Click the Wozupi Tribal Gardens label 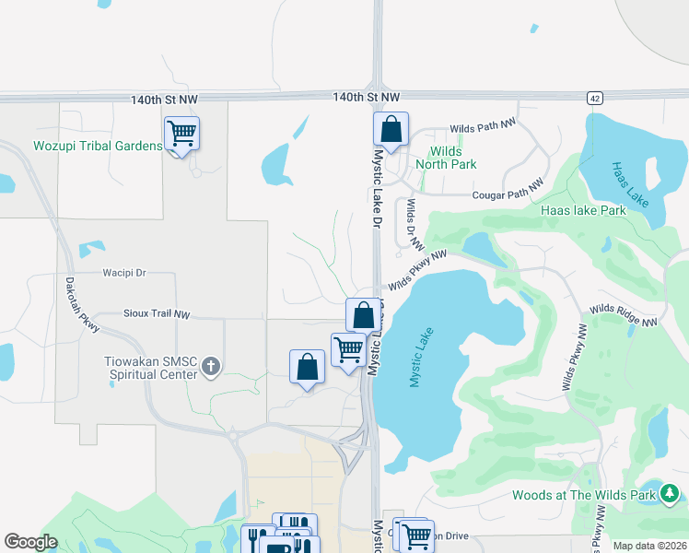point(98,146)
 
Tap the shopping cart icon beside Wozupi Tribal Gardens point(181,134)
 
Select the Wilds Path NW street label point(482,129)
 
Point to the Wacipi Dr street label point(123,274)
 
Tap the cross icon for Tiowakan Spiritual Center point(211,367)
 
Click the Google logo point(30,542)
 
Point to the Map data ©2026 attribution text point(649,546)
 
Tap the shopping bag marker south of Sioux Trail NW point(307,368)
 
